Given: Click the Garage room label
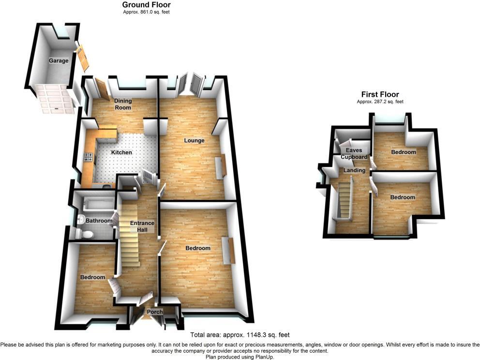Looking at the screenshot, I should click(58, 61).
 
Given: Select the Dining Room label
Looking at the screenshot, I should click(123, 104).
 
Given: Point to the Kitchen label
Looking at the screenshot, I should click(121, 152).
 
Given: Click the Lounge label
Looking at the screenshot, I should click(194, 141).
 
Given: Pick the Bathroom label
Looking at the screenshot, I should click(99, 221).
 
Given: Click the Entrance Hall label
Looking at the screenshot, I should click(142, 226).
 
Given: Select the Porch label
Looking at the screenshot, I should click(155, 312).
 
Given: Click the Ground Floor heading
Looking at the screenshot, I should click(146, 5).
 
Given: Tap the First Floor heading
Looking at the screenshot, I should click(380, 94).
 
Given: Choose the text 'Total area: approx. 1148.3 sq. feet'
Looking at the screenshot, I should click(240, 334).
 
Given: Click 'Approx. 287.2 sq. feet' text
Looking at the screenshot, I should click(380, 102).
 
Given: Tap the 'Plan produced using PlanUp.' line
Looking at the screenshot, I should click(240, 357).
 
